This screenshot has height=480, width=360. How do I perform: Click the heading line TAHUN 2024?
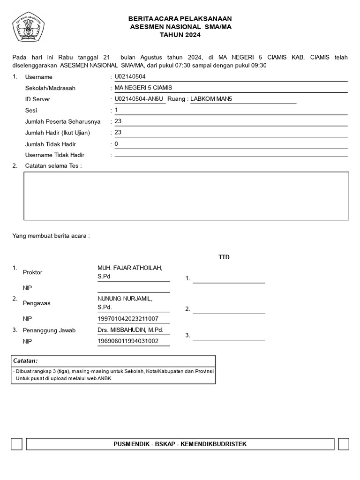point(180,35)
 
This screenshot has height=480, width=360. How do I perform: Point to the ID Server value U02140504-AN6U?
point(139,99)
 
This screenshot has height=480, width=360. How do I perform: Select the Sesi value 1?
point(117,110)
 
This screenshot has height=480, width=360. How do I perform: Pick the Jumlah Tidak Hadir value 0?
point(117,144)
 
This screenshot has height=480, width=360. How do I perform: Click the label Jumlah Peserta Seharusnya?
point(63,121)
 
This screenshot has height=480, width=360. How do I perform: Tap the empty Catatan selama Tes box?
point(186,196)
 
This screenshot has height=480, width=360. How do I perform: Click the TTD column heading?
point(224,257)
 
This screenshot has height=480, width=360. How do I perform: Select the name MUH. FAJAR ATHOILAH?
point(129,268)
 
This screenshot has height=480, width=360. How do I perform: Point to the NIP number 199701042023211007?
point(127,319)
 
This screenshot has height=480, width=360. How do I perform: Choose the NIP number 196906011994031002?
point(127,341)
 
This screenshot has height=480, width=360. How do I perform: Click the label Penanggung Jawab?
point(49,330)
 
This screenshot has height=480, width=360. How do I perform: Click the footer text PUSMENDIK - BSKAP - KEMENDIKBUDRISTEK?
point(180,444)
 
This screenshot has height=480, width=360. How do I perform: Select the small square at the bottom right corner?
point(343,444)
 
